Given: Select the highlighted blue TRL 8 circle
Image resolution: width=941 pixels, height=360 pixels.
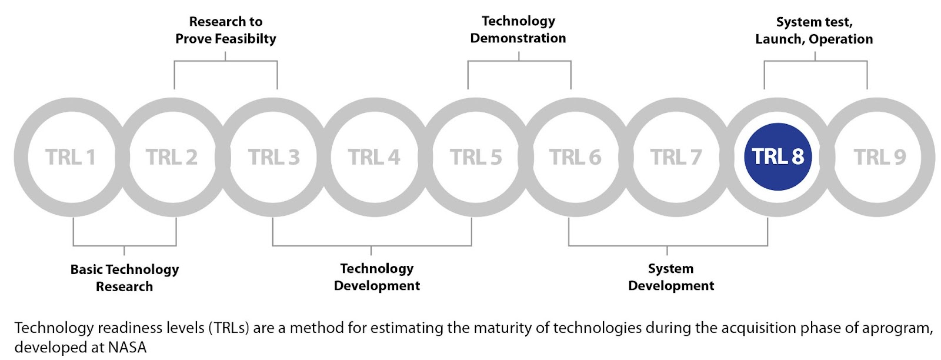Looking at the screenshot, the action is coord(778,156).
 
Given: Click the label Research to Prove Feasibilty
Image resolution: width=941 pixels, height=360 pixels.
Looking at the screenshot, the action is coord(226,30).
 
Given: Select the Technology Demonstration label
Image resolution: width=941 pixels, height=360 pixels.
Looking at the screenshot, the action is coord(518,29).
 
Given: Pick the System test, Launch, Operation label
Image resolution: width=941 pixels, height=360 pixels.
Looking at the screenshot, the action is coord(814,30).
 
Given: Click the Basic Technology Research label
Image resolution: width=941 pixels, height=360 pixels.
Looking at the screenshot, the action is coord(124,278).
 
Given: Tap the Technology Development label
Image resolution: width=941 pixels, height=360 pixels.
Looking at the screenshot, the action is coord(377,277).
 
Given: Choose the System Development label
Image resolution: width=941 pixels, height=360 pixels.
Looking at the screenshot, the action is coord(671,277).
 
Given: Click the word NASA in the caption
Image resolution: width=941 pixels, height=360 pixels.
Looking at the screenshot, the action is coord(127,348).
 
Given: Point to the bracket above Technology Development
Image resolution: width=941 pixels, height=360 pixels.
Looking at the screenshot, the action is coord(372,245).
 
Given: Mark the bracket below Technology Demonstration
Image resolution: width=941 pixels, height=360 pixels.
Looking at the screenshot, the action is coord(519,61).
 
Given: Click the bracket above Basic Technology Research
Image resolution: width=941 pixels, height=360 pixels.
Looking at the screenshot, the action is coord(124,245).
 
